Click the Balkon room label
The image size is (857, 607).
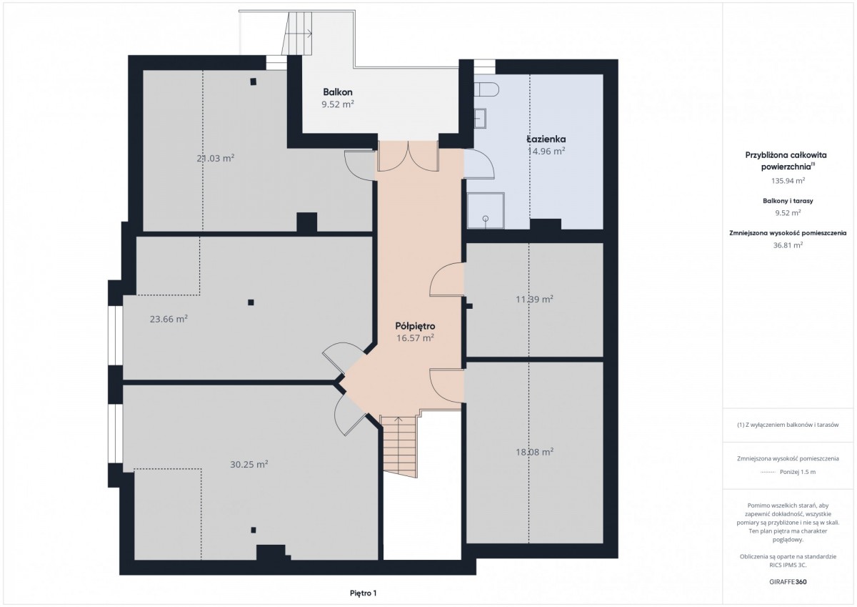point(337,92)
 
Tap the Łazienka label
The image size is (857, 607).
point(546,139)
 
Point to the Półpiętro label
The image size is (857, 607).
point(415,326)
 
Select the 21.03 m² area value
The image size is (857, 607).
point(216,158)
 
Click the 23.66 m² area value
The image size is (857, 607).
point(169,319)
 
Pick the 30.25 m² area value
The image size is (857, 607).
point(249,464)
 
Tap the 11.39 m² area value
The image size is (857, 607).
point(534,299)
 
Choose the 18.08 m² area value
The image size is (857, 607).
point(534,452)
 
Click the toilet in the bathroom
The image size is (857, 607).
point(486,90)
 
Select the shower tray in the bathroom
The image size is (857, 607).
point(485,211)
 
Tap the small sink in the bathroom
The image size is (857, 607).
point(480,119)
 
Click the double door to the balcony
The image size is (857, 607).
point(409,156)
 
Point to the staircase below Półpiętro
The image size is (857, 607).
point(400,447)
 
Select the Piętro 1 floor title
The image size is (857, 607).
point(363,593)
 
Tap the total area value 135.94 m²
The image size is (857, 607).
point(788,180)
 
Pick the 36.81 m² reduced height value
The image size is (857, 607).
point(788,245)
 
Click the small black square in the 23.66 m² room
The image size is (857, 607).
point(251,302)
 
